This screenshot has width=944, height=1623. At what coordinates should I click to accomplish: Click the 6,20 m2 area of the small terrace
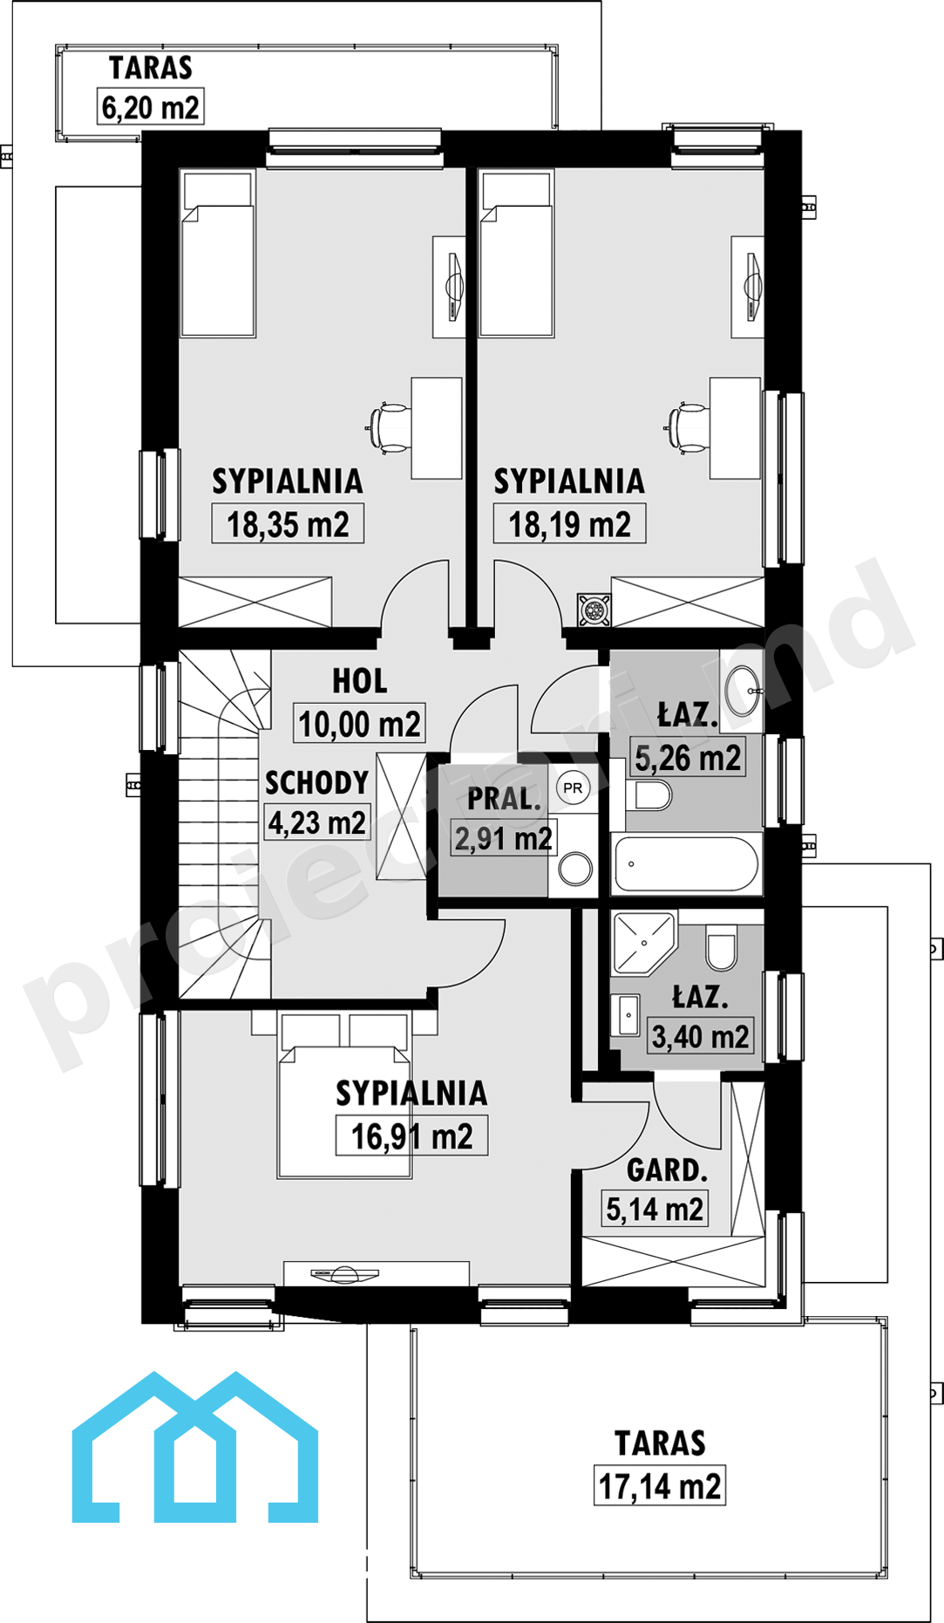tap(150, 107)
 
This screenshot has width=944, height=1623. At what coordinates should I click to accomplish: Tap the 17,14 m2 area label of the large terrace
tap(660, 1486)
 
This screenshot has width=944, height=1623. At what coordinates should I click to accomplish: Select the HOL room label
tap(359, 681)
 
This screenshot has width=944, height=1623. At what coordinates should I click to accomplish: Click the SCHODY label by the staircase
tap(316, 782)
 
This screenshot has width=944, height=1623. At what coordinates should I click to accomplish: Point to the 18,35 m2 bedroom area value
tap(288, 524)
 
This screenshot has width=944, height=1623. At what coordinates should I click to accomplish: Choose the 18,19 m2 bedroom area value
tap(569, 524)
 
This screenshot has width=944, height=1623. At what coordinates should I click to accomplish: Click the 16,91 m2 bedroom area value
tap(411, 1136)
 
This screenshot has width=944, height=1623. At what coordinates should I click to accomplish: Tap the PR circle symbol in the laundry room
tap(573, 788)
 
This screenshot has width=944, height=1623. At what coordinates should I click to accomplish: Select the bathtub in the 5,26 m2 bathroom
tap(686, 863)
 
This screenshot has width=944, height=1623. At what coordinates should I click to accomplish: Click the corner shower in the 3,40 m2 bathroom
tap(643, 942)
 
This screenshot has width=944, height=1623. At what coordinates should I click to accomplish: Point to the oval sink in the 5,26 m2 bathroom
tap(744, 691)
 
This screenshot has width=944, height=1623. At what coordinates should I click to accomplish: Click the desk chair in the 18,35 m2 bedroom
tap(389, 427)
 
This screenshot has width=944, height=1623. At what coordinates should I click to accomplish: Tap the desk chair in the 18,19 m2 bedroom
tap(687, 427)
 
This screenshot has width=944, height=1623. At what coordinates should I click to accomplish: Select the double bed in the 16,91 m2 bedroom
tap(344, 1095)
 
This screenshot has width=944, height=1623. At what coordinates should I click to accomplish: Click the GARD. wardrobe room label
tap(667, 1170)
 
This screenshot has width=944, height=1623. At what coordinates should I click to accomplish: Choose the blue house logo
tap(194, 1447)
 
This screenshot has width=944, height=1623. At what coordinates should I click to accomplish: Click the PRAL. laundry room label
tap(504, 799)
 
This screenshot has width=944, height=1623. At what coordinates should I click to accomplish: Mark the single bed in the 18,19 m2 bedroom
tap(517, 253)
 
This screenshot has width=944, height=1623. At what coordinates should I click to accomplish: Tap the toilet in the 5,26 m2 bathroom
tap(649, 794)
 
